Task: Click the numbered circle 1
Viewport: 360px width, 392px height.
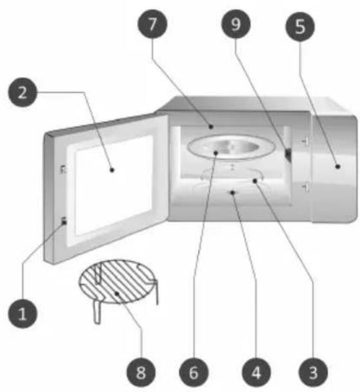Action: tap(22, 313)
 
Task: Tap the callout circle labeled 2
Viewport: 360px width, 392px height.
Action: tap(22, 93)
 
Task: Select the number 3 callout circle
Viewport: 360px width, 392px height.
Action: tap(313, 372)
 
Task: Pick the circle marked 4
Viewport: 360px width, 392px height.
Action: tap(256, 372)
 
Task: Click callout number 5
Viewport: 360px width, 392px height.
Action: tap(300, 27)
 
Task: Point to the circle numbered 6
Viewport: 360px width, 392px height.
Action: tap(194, 372)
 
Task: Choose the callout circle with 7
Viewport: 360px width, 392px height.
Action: tap(152, 24)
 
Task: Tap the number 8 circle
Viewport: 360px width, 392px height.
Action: tap(141, 372)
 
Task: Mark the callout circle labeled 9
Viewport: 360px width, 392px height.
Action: tap(236, 24)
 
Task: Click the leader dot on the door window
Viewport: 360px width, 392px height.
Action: tap(112, 170)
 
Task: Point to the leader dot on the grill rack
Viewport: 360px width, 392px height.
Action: tap(117, 294)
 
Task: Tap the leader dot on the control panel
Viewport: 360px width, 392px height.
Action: tap(337, 166)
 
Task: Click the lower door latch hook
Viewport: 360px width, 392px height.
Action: tap(64, 221)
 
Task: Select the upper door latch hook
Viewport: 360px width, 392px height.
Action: tap(64, 169)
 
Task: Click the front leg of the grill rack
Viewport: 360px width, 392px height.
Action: tap(97, 312)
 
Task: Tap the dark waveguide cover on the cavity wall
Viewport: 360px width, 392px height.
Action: tap(288, 155)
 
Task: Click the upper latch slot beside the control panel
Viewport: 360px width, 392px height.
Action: tap(305, 142)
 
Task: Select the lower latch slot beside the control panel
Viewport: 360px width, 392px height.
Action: tap(305, 187)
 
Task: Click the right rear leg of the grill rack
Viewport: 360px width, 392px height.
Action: tap(157, 292)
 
